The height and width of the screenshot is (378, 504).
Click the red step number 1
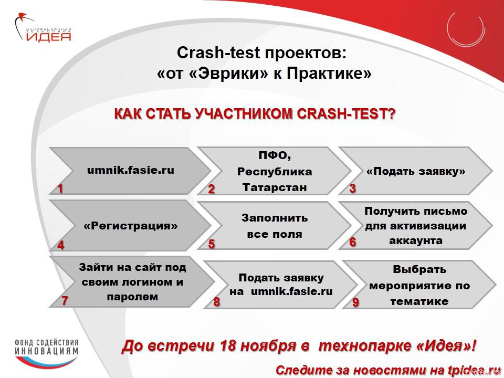(x=60, y=188)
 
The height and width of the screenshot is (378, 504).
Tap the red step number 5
(x=211, y=244)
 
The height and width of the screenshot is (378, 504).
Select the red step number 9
(x=355, y=302)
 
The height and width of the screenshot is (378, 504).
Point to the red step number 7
(x=65, y=300)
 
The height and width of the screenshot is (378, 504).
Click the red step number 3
(x=353, y=188)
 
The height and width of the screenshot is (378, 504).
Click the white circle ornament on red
(x=466, y=28)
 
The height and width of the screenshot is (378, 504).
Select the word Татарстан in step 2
(x=275, y=187)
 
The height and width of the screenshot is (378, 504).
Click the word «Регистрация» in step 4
(x=131, y=226)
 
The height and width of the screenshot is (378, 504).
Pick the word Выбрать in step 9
(x=419, y=269)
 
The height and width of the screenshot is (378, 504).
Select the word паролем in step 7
(x=132, y=297)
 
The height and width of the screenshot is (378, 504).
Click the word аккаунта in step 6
(x=416, y=240)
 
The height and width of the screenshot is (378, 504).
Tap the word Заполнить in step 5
(x=275, y=218)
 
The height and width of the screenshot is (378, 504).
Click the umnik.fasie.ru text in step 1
(x=131, y=170)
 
